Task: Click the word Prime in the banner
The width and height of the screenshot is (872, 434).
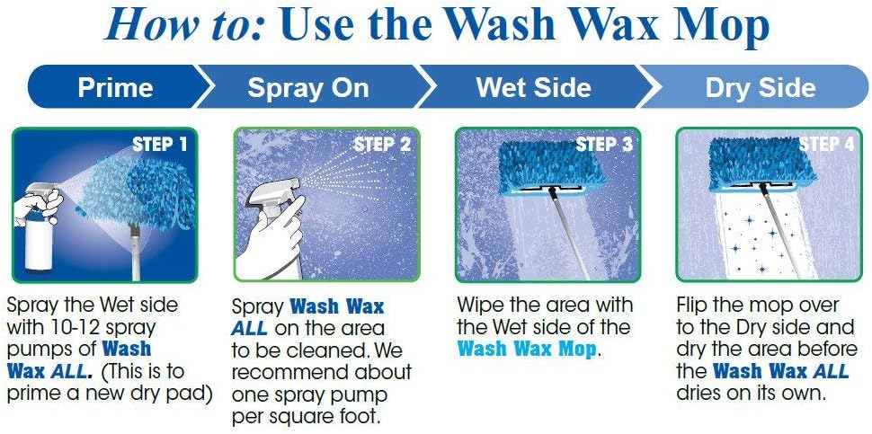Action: (115, 88)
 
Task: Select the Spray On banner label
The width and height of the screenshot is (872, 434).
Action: (308, 88)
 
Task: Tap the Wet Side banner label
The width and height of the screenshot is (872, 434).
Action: (533, 88)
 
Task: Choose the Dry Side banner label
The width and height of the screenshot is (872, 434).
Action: (760, 88)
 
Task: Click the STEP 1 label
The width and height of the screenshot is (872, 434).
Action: (160, 144)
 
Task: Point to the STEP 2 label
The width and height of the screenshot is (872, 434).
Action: (382, 144)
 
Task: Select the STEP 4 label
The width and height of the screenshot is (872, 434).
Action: (820, 144)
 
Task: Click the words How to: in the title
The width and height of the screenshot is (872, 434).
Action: (187, 26)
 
